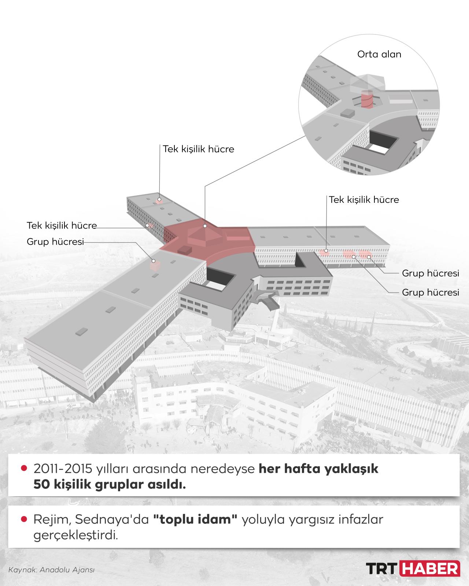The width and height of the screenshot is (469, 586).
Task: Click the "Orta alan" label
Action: point(379,54)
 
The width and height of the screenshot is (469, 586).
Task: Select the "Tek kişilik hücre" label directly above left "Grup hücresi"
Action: point(62,226)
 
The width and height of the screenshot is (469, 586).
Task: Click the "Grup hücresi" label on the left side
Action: point(55,242)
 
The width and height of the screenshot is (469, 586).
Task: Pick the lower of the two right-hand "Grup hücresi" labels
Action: point(431,292)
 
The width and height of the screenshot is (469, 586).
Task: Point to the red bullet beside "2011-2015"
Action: point(25,468)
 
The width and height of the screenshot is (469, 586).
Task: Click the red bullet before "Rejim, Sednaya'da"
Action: point(25,519)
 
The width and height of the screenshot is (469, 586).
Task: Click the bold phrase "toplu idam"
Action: point(196,519)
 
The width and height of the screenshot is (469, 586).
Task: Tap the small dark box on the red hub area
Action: point(185,249)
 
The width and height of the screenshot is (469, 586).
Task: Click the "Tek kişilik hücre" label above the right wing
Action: point(364,200)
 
